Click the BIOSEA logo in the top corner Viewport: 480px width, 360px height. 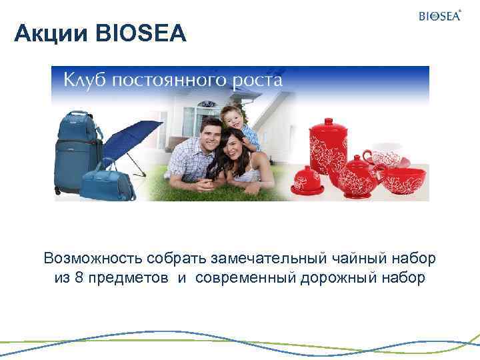[439, 16]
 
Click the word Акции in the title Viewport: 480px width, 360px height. [45, 32]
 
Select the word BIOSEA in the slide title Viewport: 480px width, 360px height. [141, 32]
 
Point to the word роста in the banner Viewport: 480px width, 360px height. [257, 81]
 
